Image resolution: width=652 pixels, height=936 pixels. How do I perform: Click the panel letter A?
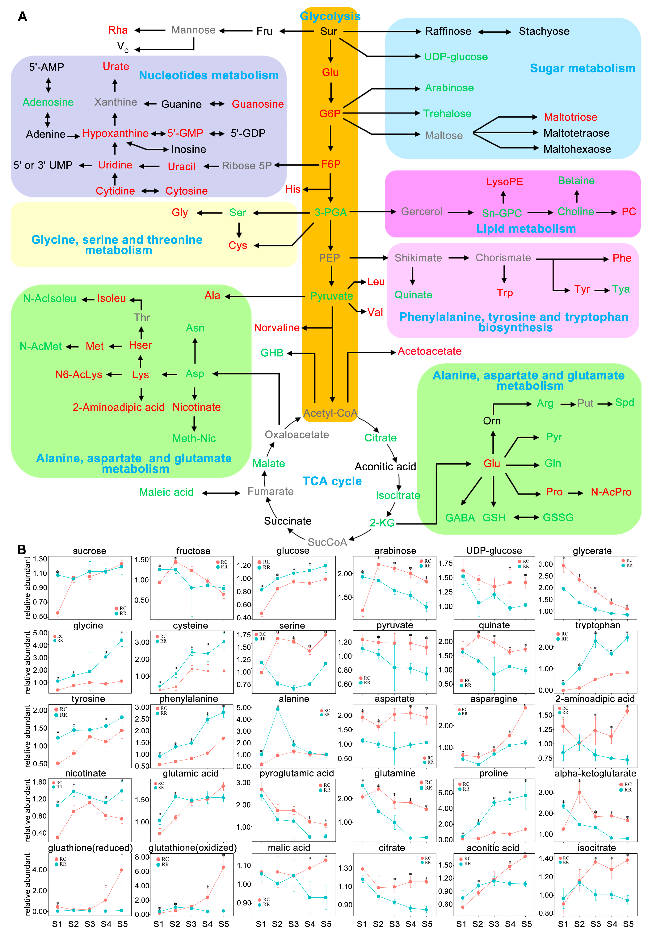click(23, 17)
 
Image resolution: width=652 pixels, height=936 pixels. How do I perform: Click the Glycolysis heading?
click(330, 16)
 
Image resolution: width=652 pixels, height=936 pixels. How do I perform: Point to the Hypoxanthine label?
click(116, 133)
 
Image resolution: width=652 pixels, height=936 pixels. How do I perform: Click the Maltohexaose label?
click(577, 149)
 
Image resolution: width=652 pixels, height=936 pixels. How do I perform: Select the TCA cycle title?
click(332, 481)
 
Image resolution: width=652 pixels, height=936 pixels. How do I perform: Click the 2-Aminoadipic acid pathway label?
click(118, 407)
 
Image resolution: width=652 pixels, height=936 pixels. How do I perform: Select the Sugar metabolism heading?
click(582, 68)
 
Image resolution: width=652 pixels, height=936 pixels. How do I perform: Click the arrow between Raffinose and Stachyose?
click(494, 32)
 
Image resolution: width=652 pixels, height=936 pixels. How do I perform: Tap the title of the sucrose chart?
click(89, 551)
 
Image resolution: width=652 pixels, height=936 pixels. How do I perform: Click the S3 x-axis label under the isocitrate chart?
click(595, 924)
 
